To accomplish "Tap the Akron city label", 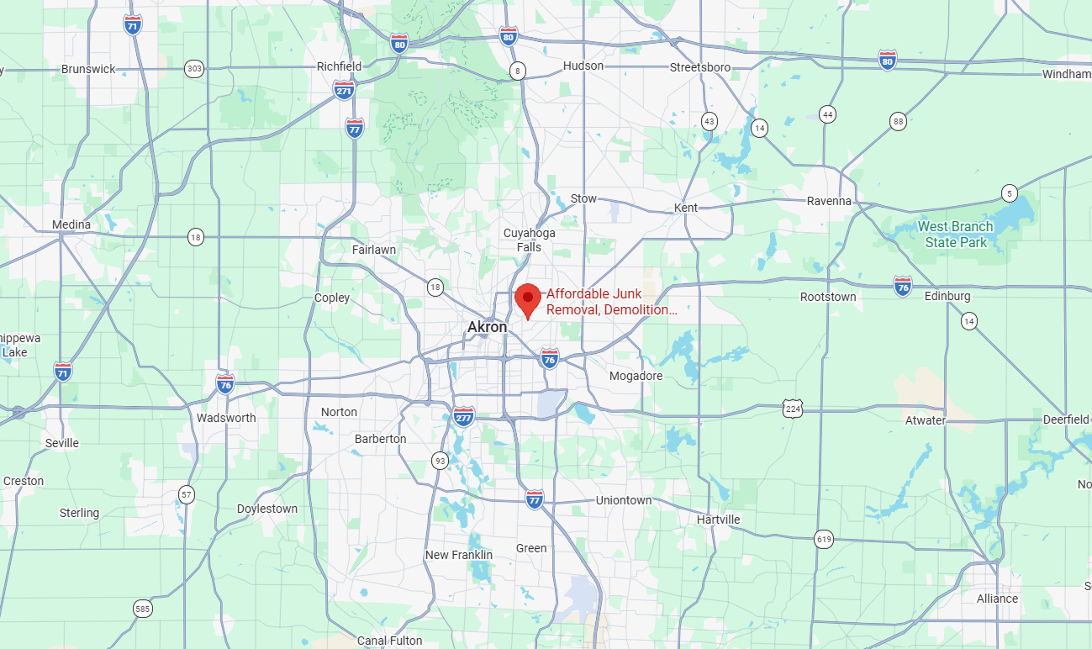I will tap(487, 327).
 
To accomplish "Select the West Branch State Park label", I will tap(955, 235).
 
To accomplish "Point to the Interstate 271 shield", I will tap(344, 91).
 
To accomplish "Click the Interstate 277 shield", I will tap(463, 415).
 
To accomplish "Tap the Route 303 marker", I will tap(194, 69).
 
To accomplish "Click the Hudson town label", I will tap(583, 66).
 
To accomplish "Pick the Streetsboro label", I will tap(699, 67).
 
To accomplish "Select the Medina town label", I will tap(71, 224).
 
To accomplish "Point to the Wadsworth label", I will tap(226, 418).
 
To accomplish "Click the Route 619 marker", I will tap(824, 539).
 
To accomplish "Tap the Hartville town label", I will tap(718, 520).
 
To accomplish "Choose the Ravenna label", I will tap(829, 201).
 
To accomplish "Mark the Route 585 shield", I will tap(142, 607).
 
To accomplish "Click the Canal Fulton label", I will tap(389, 641).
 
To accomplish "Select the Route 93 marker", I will tap(440, 460).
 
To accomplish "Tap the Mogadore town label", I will tap(636, 376).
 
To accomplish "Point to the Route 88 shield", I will tap(899, 122).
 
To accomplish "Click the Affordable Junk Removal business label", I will tap(611, 302).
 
